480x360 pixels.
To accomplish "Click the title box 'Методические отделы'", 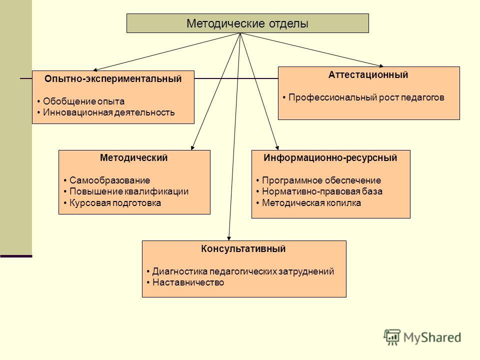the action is [247, 23].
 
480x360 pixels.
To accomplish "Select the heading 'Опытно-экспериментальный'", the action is [113, 79].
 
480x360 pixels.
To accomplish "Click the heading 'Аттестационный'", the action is [368, 75].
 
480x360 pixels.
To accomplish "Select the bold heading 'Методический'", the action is [134, 157].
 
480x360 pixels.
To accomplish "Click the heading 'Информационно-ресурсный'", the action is [330, 158].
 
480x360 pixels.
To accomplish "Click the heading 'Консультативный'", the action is [243, 249].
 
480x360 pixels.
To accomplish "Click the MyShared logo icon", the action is [392, 337].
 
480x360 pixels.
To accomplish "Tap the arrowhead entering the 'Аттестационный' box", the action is [381, 65].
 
